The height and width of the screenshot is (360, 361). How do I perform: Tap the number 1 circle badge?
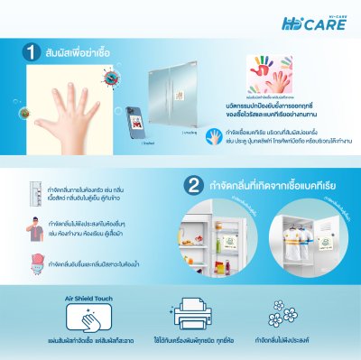tap(30, 51)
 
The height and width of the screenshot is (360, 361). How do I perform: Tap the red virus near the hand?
tap(109, 79)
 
